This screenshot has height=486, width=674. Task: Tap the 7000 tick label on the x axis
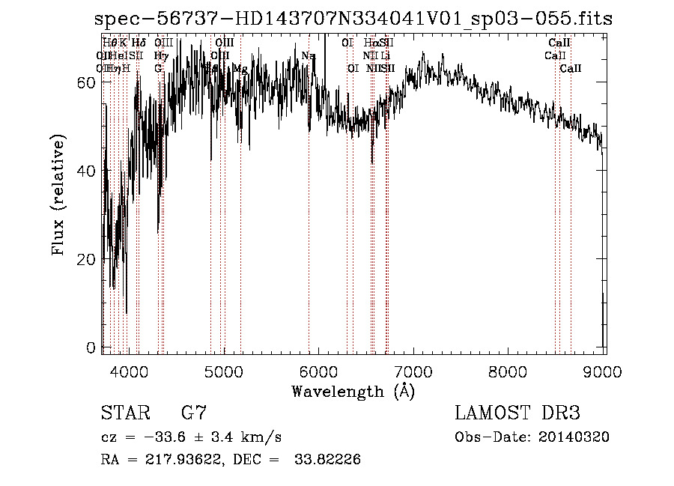(x=413, y=371)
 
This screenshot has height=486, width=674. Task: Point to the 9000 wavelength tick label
(x=604, y=371)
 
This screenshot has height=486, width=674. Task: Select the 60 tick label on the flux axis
(x=87, y=82)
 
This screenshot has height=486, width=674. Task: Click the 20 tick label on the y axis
(x=87, y=259)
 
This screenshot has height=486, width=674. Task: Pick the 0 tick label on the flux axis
(x=91, y=347)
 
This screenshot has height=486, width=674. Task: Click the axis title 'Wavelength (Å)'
(x=353, y=391)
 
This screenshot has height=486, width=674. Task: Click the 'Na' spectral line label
(x=309, y=55)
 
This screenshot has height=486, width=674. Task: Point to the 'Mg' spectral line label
(x=240, y=68)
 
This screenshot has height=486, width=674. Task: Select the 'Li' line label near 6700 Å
(x=385, y=55)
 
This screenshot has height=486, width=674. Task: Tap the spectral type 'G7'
(x=194, y=413)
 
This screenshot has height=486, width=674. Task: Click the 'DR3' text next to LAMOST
(x=560, y=413)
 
